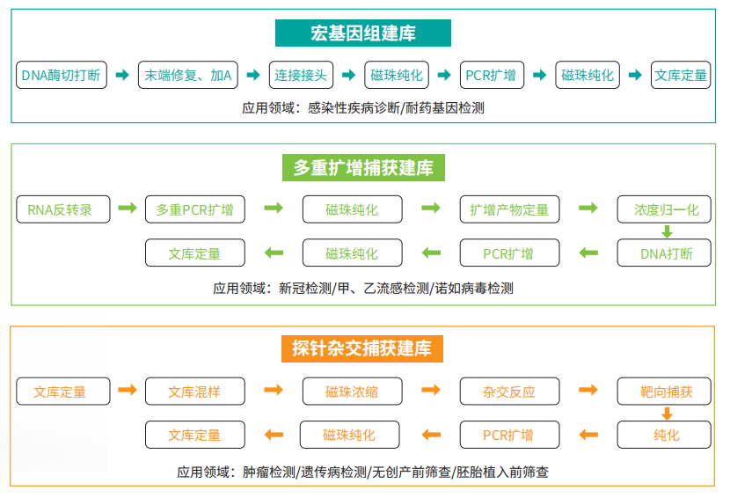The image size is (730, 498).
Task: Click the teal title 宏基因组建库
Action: tap(362, 33)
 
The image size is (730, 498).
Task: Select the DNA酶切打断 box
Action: tap(62, 75)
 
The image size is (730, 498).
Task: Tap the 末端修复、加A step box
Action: tap(188, 75)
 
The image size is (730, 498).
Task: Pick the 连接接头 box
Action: tap(301, 75)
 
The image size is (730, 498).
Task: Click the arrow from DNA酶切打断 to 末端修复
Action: tap(122, 75)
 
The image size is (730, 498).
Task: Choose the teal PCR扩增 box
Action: tap(491, 75)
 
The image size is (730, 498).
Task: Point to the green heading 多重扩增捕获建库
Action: tap(363, 167)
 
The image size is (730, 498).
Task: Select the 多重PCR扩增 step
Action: tap(194, 209)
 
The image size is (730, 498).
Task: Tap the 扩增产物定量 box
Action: tap(509, 209)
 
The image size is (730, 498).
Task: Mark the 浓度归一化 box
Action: tap(667, 209)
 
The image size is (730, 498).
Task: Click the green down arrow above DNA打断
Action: tap(667, 232)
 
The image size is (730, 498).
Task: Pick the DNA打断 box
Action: tap(667, 253)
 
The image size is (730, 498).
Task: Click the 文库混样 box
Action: tap(194, 392)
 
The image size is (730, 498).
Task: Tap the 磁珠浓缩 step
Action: tap(352, 392)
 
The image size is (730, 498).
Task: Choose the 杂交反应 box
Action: tap(509, 392)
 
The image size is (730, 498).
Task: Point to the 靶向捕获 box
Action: tap(667, 392)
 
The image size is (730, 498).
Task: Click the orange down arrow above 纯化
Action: tap(667, 414)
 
